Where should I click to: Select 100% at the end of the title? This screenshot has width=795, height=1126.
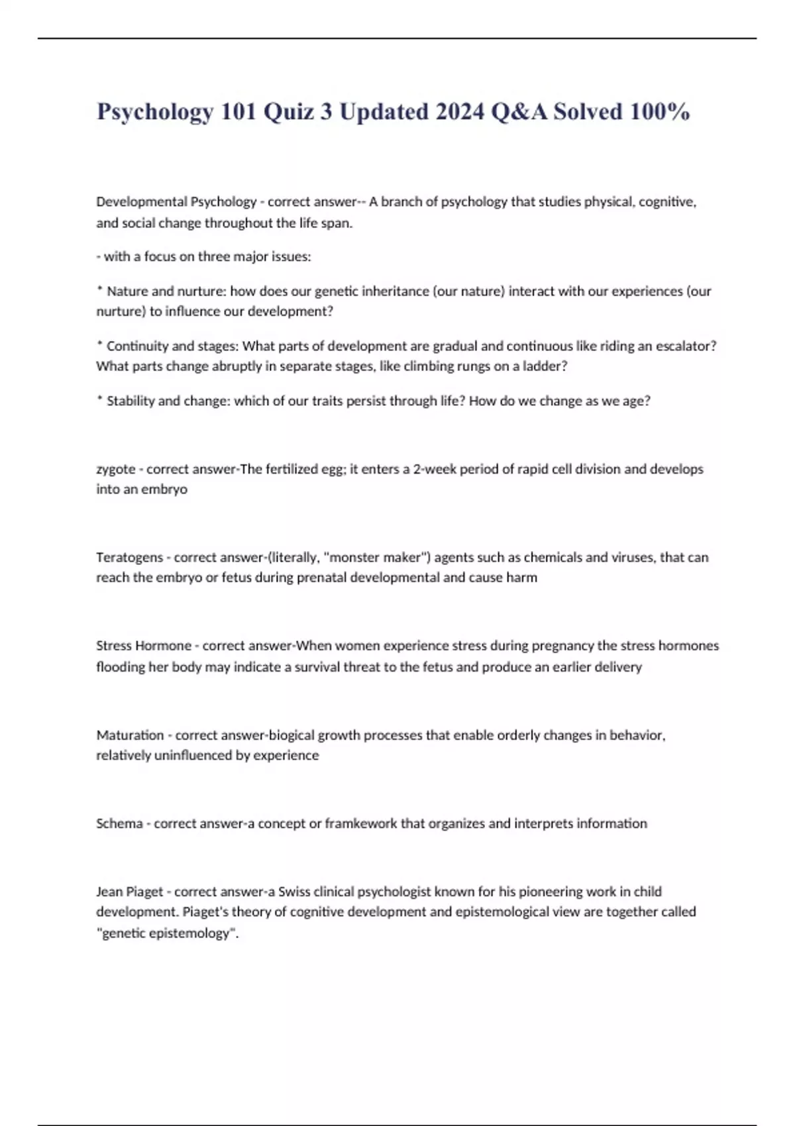[x=660, y=111]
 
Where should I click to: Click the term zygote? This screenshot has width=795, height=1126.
[x=116, y=469]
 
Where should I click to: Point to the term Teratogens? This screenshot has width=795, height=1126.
[x=129, y=557]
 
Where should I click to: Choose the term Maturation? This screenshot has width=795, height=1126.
[x=130, y=735]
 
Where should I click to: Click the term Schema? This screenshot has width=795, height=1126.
[x=119, y=823]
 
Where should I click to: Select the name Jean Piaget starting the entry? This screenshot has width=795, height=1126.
[x=130, y=892]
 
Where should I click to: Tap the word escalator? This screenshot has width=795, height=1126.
[x=684, y=346]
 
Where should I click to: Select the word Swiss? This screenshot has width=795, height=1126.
[x=294, y=892]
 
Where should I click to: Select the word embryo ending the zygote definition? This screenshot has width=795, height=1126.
[x=164, y=489]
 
